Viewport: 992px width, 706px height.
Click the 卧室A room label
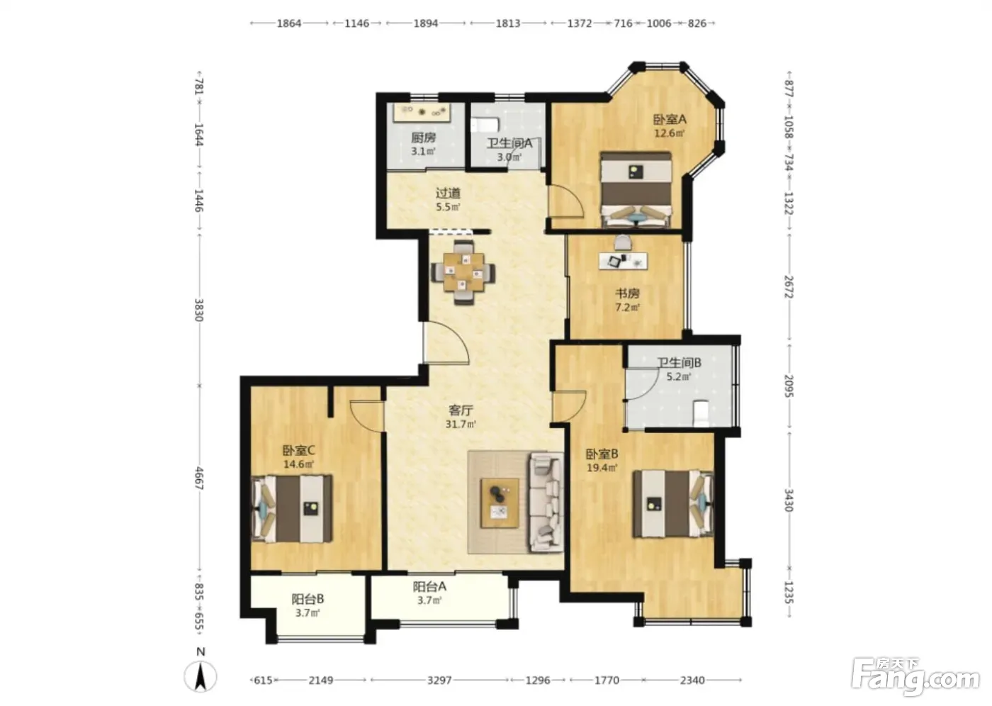click(670, 119)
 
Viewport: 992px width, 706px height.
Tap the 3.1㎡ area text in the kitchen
click(424, 152)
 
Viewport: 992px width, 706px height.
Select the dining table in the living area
click(463, 272)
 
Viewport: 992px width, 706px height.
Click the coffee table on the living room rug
click(500, 503)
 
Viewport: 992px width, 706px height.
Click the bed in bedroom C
click(292, 509)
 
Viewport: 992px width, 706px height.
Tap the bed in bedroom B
click(673, 503)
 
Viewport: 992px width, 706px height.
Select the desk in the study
click(623, 261)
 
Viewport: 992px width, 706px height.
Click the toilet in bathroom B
click(701, 413)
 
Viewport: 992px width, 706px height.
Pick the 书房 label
click(627, 293)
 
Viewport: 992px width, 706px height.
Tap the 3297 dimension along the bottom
click(439, 680)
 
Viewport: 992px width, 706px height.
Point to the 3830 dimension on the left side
click(199, 310)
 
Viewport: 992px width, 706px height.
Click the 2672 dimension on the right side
click(789, 286)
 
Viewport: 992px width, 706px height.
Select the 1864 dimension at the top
click(289, 23)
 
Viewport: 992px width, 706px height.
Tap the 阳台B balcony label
click(308, 599)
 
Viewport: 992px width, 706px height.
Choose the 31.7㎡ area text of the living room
click(461, 425)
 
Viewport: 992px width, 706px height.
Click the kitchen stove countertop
click(422, 112)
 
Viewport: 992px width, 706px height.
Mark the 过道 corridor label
click(448, 193)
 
